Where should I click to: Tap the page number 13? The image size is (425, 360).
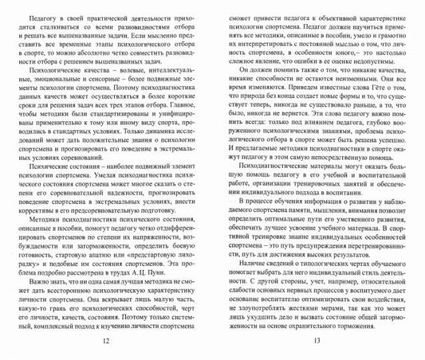point(317,344)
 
